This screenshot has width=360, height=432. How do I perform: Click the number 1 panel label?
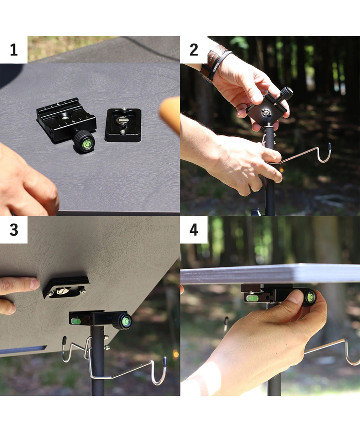(x=14, y=50)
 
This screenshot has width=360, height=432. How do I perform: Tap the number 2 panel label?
(x=194, y=50)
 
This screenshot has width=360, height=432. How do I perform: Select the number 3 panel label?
(x=14, y=230)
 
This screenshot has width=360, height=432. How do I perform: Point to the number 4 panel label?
(x=194, y=230)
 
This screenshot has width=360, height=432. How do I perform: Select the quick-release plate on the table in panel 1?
(x=123, y=125)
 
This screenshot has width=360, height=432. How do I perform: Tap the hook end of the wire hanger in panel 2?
(x=325, y=153)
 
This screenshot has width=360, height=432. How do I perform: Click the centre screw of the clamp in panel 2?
(x=266, y=112)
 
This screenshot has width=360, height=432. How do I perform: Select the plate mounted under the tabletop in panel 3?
(x=66, y=287)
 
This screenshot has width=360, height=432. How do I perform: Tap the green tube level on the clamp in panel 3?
(x=75, y=321)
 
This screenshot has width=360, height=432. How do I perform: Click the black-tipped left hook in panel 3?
(x=66, y=349)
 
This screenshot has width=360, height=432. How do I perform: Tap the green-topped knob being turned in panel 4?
(x=309, y=298)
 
